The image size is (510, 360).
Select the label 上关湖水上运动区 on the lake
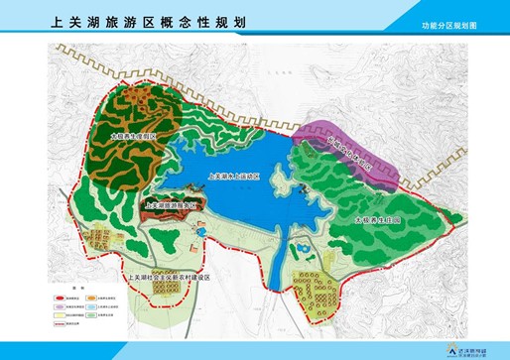pyautogui.click(x=234, y=175)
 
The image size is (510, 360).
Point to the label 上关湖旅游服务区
pyautogui.click(x=172, y=206)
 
